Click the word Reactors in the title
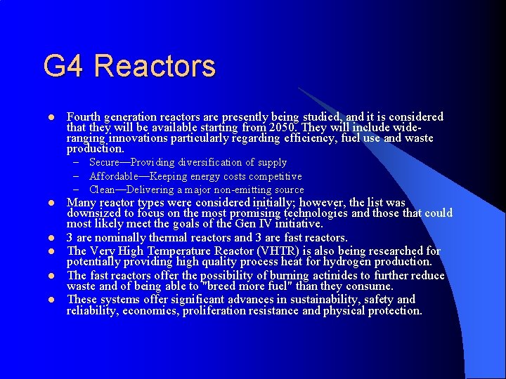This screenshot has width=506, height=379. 155,67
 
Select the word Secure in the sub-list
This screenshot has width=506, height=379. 105,163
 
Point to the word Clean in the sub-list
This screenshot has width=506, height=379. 103,189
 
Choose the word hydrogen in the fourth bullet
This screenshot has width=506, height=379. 335,262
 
